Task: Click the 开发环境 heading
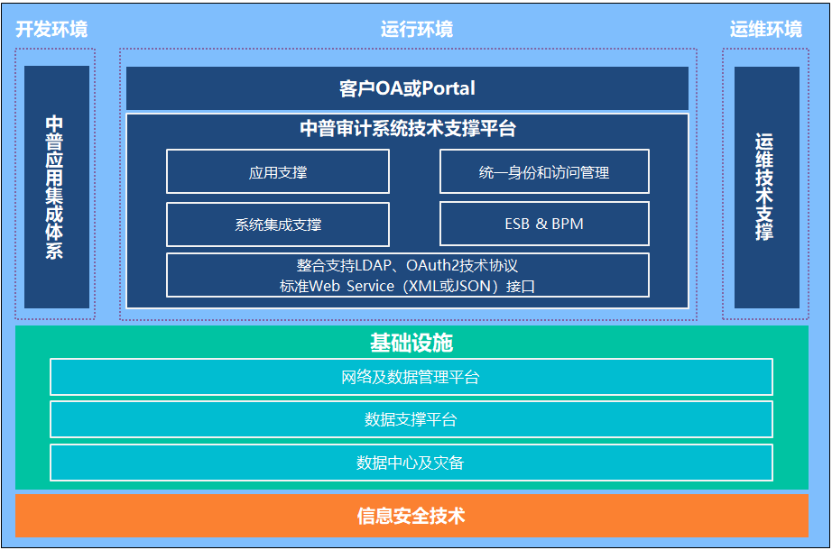pos(51,29)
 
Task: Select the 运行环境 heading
pos(417,29)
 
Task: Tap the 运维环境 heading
pos(765,29)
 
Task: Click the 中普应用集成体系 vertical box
pos(57,187)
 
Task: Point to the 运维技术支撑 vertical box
pos(767,187)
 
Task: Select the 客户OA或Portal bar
pos(407,88)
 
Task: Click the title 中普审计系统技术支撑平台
pos(408,128)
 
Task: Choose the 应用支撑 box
pos(278,171)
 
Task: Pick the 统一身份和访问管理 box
pos(544,171)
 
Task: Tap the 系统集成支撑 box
pos(278,225)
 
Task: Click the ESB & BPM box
pos(544,224)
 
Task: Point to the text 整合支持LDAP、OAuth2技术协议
pos(407,265)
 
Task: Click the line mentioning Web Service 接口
pos(407,287)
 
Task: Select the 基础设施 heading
pos(411,343)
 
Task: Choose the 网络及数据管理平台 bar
pos(411,377)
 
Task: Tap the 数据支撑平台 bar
pos(411,419)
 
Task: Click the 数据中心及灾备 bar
pos(411,463)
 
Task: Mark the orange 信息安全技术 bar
pos(411,516)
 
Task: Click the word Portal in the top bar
pos(448,88)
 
